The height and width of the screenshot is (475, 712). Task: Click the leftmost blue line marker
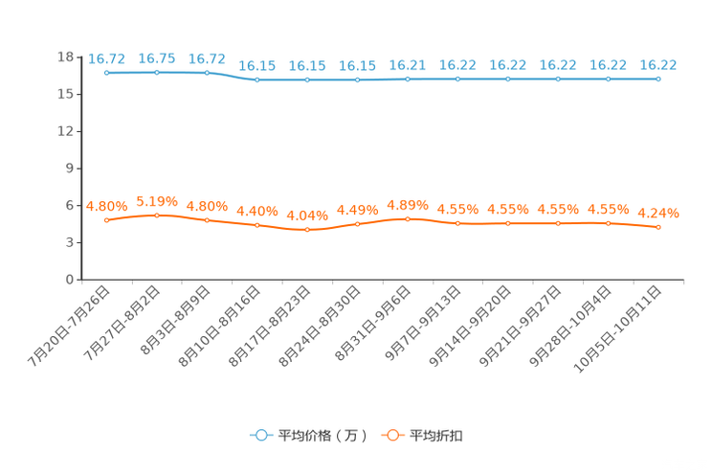point(106,72)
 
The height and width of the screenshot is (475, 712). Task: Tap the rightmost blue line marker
point(658,79)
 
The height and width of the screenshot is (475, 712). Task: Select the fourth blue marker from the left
point(256,79)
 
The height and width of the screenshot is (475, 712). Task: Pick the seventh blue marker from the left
point(408,79)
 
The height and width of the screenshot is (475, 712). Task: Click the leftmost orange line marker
point(106,219)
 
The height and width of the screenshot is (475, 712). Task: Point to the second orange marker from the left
point(156,215)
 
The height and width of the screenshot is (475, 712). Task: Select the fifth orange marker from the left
point(307,229)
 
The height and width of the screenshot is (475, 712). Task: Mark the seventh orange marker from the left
point(408,218)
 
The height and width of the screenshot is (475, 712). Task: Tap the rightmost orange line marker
point(658,227)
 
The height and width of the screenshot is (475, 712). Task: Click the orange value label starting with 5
point(156,200)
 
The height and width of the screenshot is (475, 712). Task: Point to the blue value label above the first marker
point(106,58)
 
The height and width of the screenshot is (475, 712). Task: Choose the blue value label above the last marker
point(658,65)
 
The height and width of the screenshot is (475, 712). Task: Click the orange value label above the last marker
point(658,213)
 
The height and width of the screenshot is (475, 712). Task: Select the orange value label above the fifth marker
point(307,215)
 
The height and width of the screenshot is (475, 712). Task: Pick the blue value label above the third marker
point(207,58)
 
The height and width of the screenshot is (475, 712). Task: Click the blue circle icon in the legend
point(260,435)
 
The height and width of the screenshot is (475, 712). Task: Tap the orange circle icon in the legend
point(391,435)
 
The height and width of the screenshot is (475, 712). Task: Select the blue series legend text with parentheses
point(323,436)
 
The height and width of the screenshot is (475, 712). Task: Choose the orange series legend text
point(437,436)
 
